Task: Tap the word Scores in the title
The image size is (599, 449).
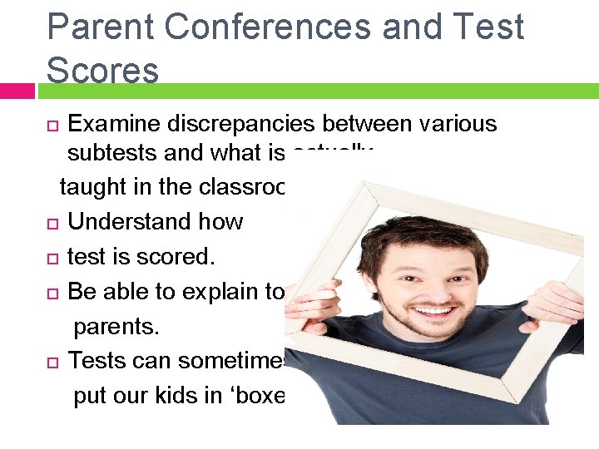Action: (x=102, y=71)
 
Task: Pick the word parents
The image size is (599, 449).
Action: (x=116, y=327)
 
